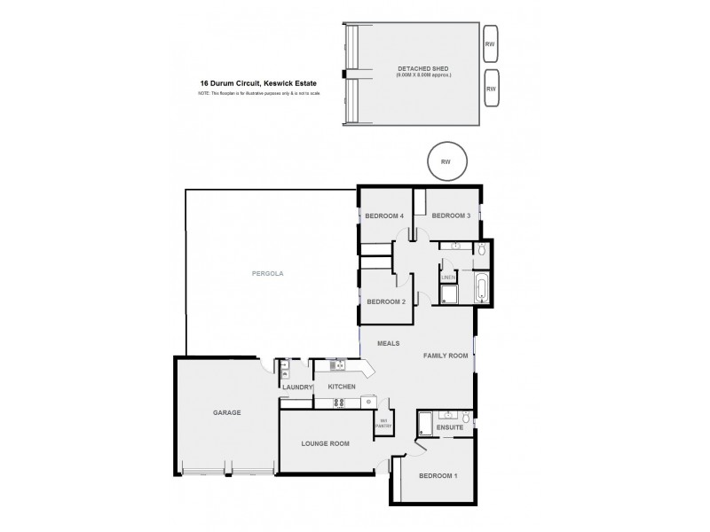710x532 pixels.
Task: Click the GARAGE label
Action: (x=226, y=412)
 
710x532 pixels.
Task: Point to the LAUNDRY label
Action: (x=296, y=387)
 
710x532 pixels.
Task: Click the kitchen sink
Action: (x=337, y=364)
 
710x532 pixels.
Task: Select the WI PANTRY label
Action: (x=384, y=423)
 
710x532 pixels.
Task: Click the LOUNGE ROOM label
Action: (x=325, y=443)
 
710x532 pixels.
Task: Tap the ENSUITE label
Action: (x=449, y=428)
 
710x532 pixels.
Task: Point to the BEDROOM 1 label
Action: (x=438, y=476)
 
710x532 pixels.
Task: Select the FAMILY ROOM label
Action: (x=445, y=356)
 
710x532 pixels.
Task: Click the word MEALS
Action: (x=388, y=343)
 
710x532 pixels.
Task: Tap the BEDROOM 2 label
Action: (x=385, y=301)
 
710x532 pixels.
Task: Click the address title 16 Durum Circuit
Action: (x=258, y=83)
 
